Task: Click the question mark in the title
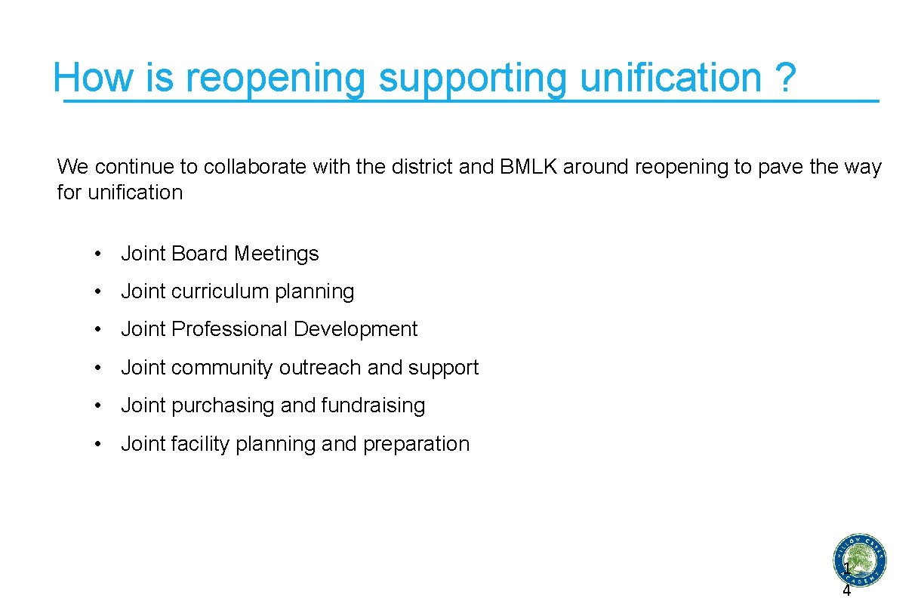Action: point(785,77)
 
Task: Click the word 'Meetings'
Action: point(276,254)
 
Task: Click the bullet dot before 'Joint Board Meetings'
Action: point(99,254)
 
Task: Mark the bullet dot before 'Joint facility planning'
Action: point(99,445)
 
